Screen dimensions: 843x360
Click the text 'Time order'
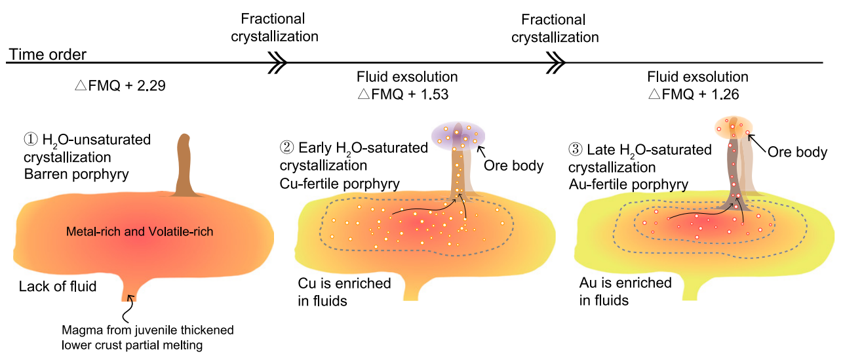click(47, 54)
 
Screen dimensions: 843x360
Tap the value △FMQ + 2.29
click(120, 86)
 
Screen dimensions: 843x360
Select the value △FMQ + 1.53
click(403, 94)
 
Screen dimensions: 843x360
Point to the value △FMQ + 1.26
click(694, 94)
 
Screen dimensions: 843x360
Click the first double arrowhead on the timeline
click(278, 62)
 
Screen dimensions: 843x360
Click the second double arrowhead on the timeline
click(556, 62)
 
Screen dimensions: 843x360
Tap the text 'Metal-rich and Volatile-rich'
click(140, 231)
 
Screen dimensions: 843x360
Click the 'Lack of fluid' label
click(58, 287)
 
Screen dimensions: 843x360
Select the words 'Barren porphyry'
click(77, 174)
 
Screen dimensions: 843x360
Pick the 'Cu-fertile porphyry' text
click(340, 184)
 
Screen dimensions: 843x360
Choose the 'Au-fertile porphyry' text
click(629, 184)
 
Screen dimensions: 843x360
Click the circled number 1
click(31, 139)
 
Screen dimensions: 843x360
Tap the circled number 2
click(286, 148)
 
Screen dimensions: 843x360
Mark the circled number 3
click(576, 150)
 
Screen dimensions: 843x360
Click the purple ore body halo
click(458, 136)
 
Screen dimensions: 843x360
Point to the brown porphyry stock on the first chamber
click(184, 166)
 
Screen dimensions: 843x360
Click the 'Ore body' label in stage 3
click(798, 152)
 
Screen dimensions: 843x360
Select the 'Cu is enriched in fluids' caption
click(344, 292)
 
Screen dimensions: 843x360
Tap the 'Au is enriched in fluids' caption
click(625, 292)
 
